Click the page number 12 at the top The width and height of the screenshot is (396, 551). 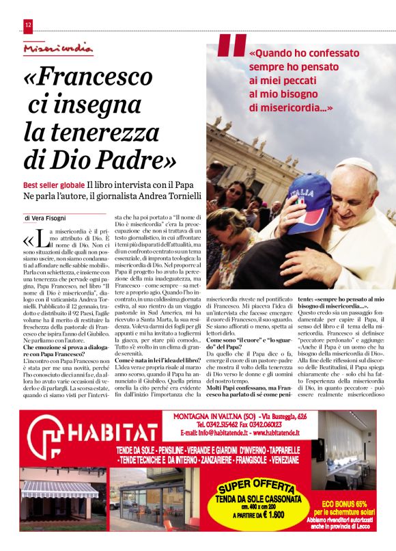28,26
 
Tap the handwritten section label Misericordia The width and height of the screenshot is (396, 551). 57,48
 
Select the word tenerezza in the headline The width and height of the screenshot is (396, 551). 101,131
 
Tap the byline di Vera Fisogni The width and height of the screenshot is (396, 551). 48,218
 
